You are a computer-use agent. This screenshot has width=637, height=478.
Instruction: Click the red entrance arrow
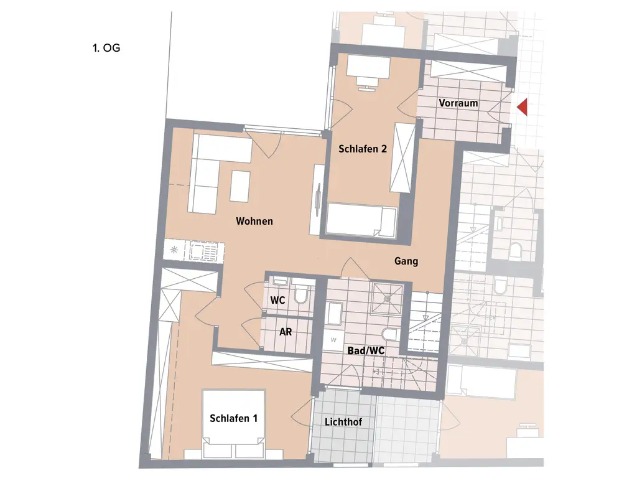pos(523,107)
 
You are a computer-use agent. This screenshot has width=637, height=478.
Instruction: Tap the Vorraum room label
pos(458,103)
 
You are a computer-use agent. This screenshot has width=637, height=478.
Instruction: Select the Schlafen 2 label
pos(363,149)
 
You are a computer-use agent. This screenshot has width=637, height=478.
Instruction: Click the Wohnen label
pos(254,221)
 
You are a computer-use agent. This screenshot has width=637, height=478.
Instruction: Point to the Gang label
pos(406,261)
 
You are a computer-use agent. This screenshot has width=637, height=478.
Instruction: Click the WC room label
pos(277,301)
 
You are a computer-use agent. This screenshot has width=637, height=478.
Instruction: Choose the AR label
pos(285,332)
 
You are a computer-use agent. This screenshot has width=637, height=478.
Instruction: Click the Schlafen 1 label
pos(233,418)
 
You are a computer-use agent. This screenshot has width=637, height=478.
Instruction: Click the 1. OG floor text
pos(106,47)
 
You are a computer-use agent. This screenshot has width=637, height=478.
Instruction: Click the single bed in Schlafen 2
pos(361,221)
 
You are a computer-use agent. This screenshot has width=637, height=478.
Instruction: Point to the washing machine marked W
pos(333,340)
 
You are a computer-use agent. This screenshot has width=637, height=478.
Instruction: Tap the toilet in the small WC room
pos(302,295)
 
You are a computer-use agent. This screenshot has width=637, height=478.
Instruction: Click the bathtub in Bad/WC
pos(334,313)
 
